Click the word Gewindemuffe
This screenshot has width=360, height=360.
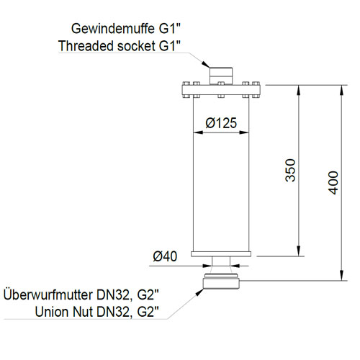point(113,30)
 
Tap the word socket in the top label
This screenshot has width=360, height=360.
point(137,46)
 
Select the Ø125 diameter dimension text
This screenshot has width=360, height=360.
point(221,123)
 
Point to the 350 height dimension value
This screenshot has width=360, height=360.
point(290,170)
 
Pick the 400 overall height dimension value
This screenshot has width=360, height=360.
point(333,183)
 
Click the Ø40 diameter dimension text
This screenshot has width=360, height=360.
point(165,256)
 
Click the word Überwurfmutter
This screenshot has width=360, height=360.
point(48,295)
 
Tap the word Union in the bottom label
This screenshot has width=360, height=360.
point(52,312)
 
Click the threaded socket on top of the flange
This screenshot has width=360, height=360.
point(221,76)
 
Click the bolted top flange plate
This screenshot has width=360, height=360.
point(221,90)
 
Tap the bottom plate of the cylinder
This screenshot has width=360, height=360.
point(221,254)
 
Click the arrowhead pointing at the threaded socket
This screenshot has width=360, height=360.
point(205,64)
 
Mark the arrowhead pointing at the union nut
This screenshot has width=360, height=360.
point(200,292)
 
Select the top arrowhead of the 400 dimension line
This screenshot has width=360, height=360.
point(342,91)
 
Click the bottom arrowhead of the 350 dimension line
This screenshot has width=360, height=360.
point(298,251)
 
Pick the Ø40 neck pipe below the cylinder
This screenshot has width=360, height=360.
point(221,261)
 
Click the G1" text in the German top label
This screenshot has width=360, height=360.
point(169,29)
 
